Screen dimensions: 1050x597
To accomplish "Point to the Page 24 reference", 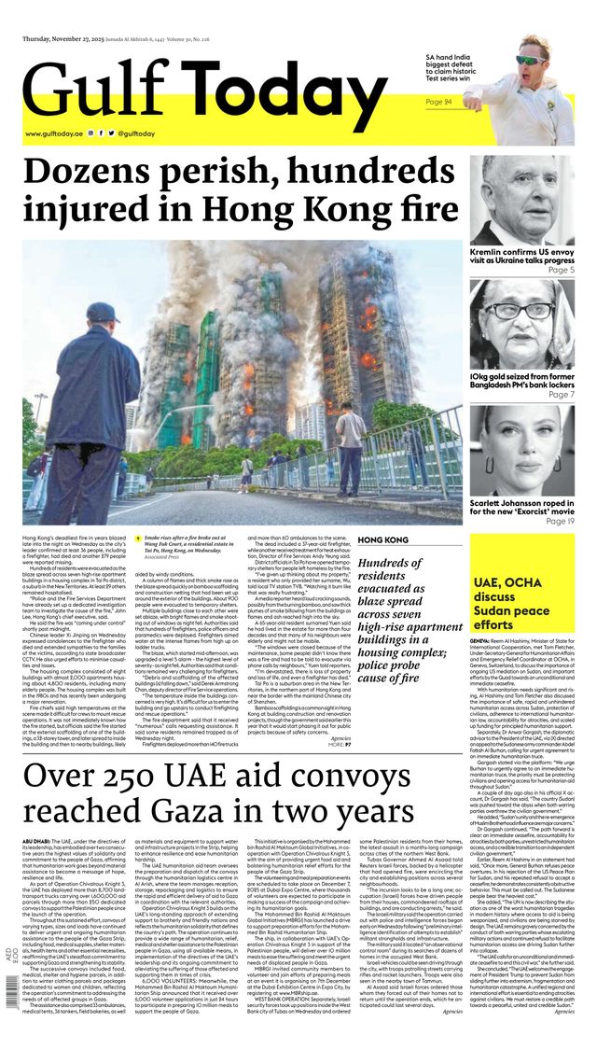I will [438, 101].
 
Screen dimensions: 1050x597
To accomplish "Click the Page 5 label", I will [561, 270].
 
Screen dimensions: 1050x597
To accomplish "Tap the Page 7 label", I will [561, 394].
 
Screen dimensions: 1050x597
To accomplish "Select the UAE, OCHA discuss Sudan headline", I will [507, 603].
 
